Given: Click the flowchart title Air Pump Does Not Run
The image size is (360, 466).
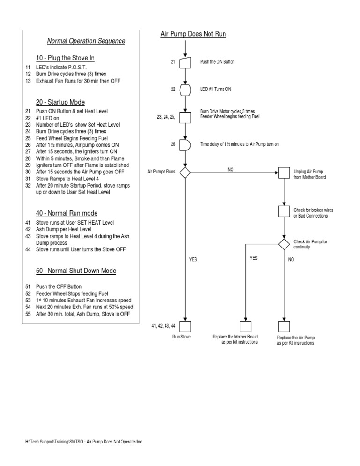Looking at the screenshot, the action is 193,34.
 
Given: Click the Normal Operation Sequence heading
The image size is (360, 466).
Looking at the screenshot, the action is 86,41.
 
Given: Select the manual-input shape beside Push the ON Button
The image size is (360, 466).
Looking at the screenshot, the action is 185,63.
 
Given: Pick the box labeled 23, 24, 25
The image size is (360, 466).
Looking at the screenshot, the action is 185,117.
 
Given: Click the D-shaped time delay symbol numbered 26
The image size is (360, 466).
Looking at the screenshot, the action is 185,145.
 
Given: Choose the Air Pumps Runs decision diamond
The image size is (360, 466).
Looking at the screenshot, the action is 185,173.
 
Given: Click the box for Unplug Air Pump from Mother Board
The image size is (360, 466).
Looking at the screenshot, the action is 284,173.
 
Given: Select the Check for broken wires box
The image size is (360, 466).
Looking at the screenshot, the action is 284,211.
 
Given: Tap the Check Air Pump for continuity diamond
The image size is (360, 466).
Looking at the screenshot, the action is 284,244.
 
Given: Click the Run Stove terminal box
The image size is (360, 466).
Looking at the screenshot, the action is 185,327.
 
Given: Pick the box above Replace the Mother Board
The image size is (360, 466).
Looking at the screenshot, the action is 246,327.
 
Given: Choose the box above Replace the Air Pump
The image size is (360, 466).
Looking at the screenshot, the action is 284,327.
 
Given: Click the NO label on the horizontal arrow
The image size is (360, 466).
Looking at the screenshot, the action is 231,170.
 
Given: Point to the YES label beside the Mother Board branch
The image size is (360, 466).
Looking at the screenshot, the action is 254,258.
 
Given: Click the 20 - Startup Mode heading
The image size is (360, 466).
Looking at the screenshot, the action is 60,102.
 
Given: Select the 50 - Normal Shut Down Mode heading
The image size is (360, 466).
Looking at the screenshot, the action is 76,271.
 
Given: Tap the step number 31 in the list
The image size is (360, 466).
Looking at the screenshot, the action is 28,179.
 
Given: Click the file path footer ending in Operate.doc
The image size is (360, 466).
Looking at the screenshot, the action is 83,442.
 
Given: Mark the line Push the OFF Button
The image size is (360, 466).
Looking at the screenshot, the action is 59,287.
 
